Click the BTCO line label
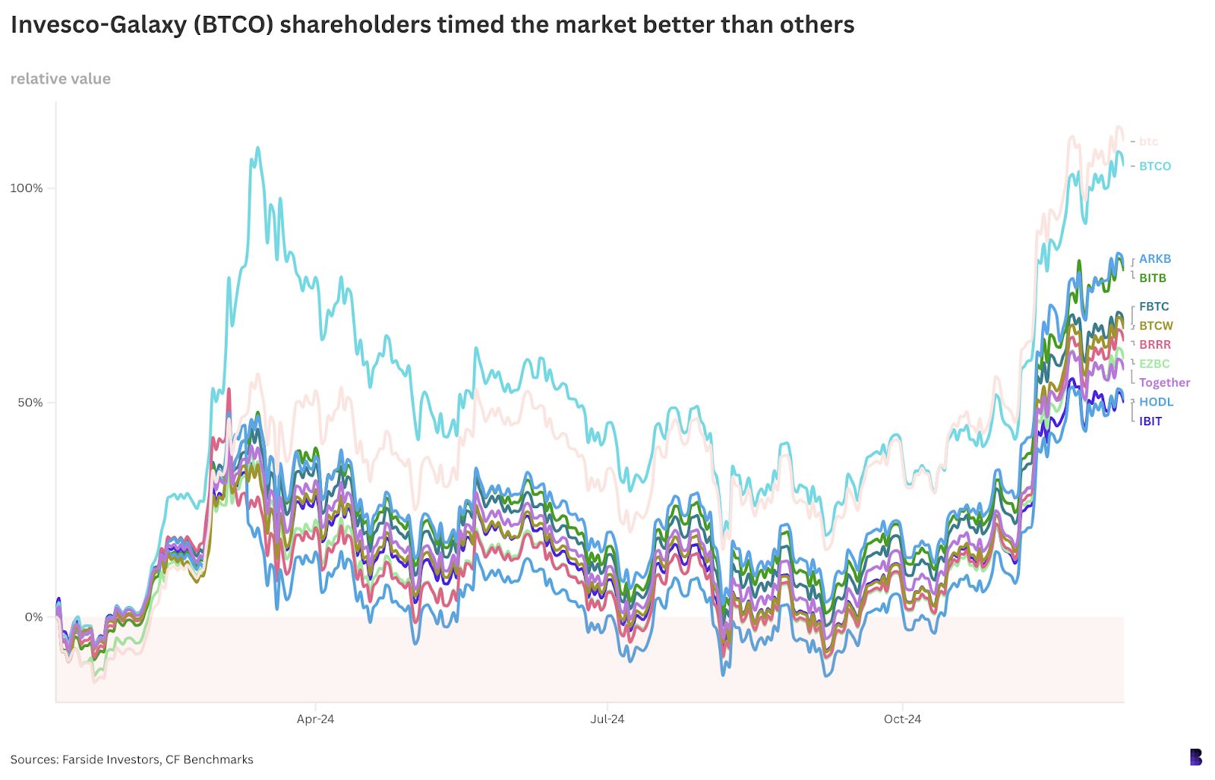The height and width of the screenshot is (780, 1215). [1154, 166]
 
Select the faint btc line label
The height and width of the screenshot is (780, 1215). [1148, 141]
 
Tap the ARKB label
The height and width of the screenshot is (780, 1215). [1154, 259]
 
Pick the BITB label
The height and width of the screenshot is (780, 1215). [1152, 278]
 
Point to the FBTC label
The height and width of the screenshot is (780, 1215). [1153, 307]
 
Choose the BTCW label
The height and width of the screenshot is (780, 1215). [1156, 326]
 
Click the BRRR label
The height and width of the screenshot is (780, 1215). [1154, 345]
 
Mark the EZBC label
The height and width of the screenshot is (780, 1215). [1153, 364]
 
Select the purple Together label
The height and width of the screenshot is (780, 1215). [1164, 383]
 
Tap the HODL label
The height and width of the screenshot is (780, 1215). [1156, 402]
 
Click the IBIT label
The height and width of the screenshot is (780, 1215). [1150, 421]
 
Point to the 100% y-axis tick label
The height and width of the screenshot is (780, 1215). [27, 188]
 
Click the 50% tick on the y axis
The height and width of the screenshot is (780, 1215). [30, 403]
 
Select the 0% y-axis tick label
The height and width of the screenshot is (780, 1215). [33, 617]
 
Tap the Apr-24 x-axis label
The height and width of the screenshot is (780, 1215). [315, 718]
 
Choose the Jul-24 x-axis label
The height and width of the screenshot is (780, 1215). [607, 718]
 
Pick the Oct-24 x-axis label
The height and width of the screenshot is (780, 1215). [902, 718]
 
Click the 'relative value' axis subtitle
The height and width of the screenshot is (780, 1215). [61, 79]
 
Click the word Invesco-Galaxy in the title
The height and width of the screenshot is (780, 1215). [99, 25]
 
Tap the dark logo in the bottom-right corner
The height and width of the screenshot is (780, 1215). [1195, 757]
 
